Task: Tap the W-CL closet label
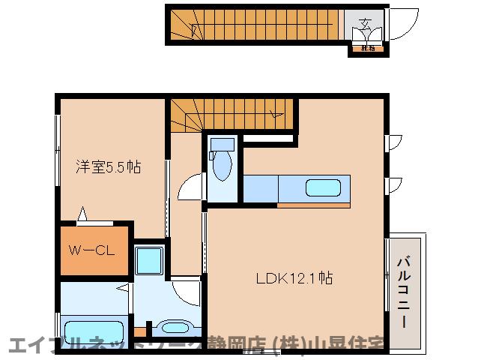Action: [93, 250]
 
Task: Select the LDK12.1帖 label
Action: [294, 278]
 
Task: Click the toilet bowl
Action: [223, 169]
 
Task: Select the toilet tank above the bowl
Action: [222, 144]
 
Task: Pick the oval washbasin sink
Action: [177, 327]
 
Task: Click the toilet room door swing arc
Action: [190, 186]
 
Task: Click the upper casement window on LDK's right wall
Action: [393, 142]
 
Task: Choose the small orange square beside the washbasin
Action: [139, 330]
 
